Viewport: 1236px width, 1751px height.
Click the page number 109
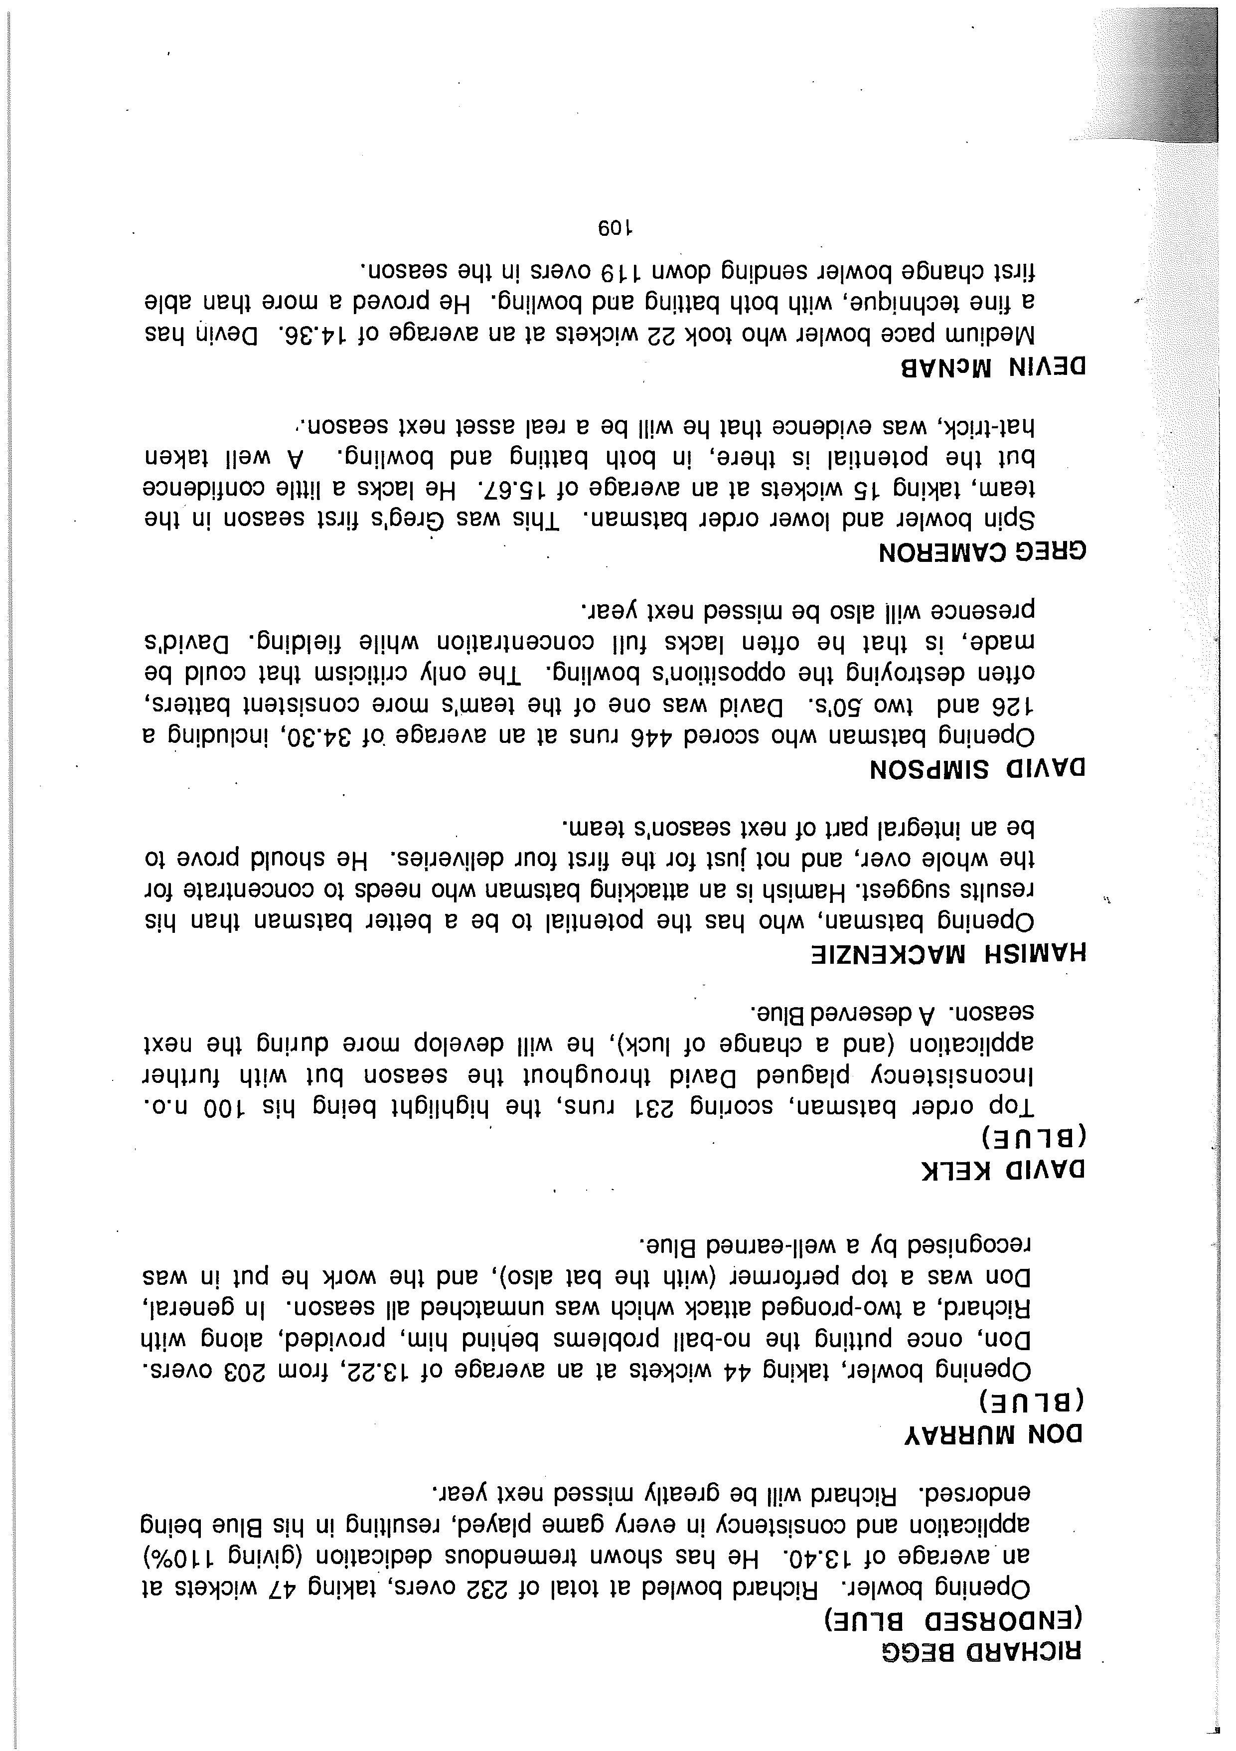pos(618,228)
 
